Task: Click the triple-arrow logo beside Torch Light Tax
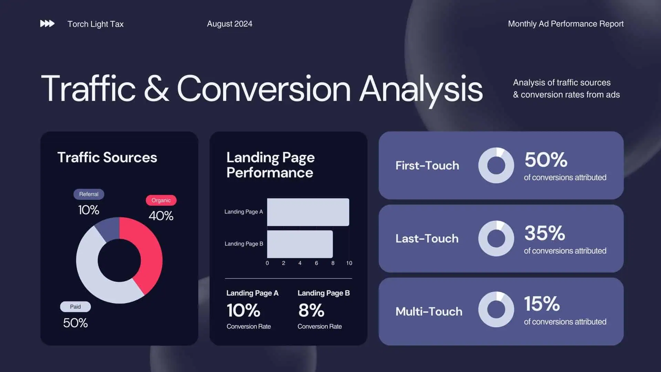pos(47,23)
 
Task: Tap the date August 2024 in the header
pos(230,24)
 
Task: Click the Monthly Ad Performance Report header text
pos(566,24)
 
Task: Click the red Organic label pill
pos(161,200)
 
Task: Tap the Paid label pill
pos(75,307)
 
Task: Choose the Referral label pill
pos(89,194)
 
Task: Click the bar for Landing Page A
pos(308,212)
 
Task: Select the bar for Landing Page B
pos(300,244)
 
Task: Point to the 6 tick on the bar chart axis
pos(316,263)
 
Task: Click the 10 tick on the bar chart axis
pos(349,263)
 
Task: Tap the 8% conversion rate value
pos(311,310)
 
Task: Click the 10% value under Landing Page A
pos(243,310)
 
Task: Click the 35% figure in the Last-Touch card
pos(545,233)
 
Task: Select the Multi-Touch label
pos(429,311)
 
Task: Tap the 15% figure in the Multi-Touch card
pos(542,303)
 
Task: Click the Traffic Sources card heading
pos(107,157)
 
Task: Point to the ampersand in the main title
pos(157,89)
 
